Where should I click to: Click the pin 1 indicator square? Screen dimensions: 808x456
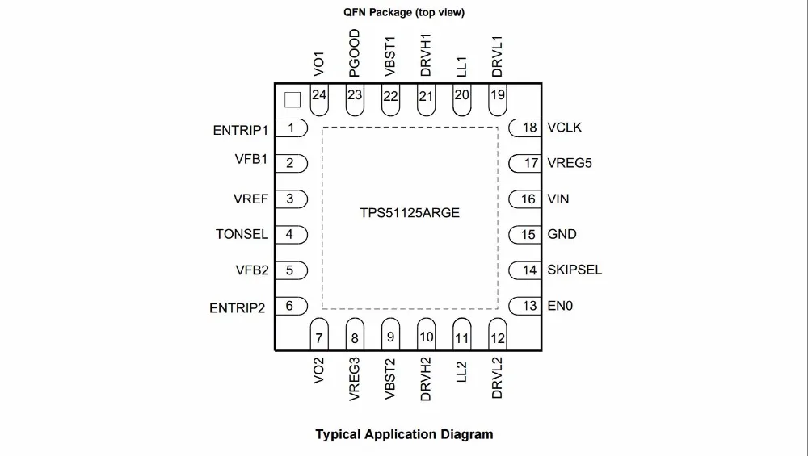[292, 100]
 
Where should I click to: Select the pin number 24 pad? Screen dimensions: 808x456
[319, 100]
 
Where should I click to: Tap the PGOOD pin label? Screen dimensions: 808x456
[354, 53]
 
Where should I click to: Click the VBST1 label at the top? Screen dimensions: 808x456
[390, 56]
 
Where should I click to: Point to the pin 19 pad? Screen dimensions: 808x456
[497, 100]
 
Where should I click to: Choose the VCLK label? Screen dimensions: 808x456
[564, 128]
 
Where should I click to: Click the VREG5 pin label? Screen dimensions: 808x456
[570, 163]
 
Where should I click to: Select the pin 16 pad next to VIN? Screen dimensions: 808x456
[524, 199]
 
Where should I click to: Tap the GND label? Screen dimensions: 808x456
[562, 234]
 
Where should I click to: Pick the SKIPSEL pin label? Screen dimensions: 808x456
[574, 270]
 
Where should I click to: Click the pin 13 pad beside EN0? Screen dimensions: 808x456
[524, 306]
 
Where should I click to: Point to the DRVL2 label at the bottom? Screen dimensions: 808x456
[497, 378]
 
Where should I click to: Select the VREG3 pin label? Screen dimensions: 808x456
[354, 379]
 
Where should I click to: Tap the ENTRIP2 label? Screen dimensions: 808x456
[237, 308]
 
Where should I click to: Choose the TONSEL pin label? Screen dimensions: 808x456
[242, 234]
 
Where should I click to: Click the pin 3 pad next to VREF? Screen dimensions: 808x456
[291, 199]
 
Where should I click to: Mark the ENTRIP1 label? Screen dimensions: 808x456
[241, 130]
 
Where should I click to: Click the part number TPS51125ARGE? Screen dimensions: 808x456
[410, 213]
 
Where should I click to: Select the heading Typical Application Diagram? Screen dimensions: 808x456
[404, 434]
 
